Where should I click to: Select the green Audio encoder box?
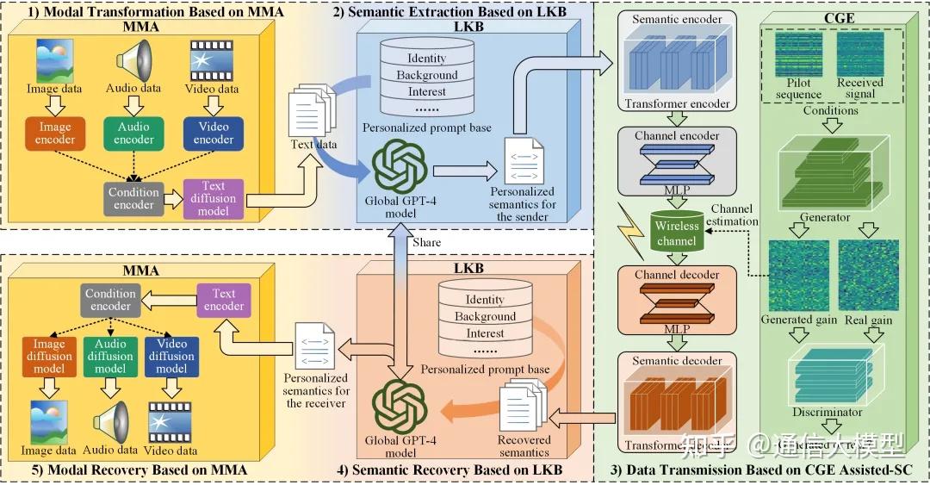(x=133, y=133)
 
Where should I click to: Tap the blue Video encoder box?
(x=214, y=133)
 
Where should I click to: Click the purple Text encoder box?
(x=224, y=300)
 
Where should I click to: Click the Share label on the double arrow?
(x=426, y=242)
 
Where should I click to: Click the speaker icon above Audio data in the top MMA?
(x=133, y=60)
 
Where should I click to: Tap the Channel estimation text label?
(x=732, y=215)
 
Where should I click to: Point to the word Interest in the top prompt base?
(x=427, y=92)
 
